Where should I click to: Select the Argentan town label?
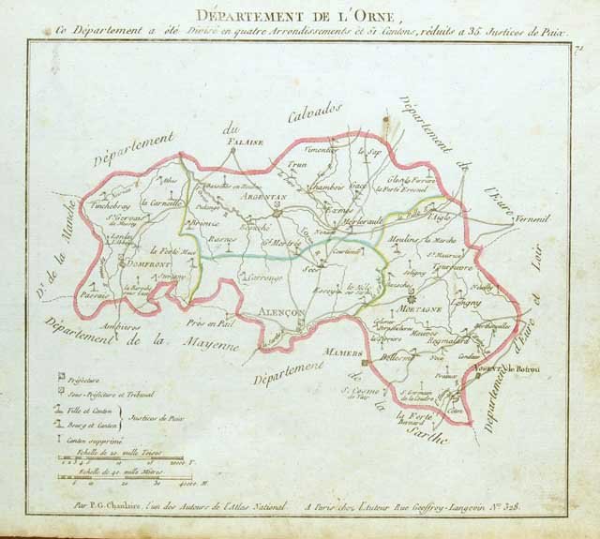[262, 197]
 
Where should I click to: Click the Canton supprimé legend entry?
[95, 438]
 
